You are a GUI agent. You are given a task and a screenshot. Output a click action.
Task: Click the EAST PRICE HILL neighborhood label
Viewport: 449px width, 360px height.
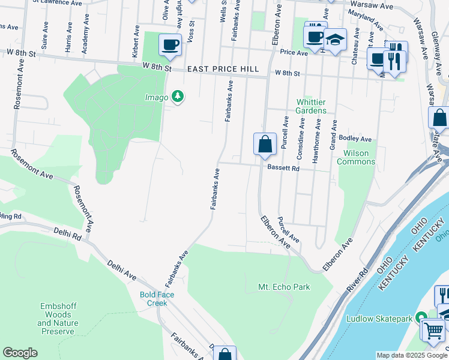223,70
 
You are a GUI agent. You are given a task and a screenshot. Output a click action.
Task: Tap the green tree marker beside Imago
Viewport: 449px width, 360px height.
177,96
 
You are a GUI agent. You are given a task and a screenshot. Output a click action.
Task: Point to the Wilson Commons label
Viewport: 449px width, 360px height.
356,157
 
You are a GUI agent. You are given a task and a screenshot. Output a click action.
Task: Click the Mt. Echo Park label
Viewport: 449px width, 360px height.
284,287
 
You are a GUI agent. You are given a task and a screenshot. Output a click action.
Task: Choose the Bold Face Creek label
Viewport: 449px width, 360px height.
153,298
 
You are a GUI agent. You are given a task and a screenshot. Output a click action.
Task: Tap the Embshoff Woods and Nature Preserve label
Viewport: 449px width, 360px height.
57,319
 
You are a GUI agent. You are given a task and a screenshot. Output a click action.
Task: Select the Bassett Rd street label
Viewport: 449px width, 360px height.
283,169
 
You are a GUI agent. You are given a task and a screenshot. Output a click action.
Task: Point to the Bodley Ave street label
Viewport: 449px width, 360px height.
355,139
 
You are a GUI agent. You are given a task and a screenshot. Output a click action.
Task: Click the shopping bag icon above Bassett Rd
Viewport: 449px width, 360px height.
265,145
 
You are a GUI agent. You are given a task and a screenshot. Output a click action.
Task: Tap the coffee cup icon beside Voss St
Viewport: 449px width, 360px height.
170,44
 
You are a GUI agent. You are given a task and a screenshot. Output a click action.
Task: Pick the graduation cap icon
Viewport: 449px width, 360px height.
335,39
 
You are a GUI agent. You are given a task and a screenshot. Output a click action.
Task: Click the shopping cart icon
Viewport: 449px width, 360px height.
433,329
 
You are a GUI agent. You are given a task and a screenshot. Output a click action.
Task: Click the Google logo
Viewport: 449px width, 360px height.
20,353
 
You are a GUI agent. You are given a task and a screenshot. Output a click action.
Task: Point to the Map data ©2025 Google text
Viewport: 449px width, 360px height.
411,355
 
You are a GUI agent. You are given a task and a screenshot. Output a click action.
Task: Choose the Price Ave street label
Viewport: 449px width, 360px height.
294,52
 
